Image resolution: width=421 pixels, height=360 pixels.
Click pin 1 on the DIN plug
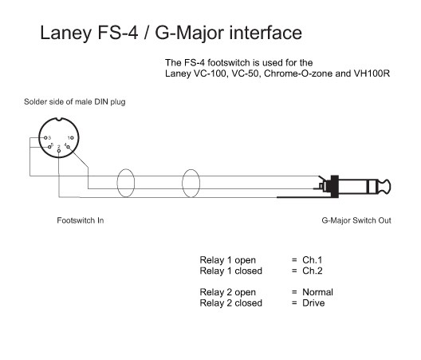[x=72, y=138]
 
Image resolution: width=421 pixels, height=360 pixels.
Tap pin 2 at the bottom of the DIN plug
[x=59, y=151]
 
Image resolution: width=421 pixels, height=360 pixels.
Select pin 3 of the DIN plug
[x=45, y=138]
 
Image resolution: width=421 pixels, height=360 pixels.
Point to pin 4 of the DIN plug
[x=69, y=147]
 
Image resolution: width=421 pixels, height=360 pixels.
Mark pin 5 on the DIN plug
[x=49, y=147]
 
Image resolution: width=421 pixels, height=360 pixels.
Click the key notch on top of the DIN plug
[x=59, y=119]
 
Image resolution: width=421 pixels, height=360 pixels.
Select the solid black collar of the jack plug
[x=335, y=187]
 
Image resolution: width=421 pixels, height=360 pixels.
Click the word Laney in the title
[x=66, y=34]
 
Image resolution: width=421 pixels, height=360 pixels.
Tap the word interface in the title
[x=266, y=33]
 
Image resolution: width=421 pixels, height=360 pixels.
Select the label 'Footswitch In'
[x=81, y=220]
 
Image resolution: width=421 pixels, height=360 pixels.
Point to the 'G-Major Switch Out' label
[x=356, y=220]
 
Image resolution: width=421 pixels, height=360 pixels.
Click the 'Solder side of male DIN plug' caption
[x=75, y=102]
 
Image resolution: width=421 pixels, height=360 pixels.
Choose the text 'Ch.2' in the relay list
[x=313, y=271]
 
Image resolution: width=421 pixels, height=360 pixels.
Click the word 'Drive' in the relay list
[x=313, y=303]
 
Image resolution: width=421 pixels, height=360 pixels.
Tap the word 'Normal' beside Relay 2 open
[x=317, y=292]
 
